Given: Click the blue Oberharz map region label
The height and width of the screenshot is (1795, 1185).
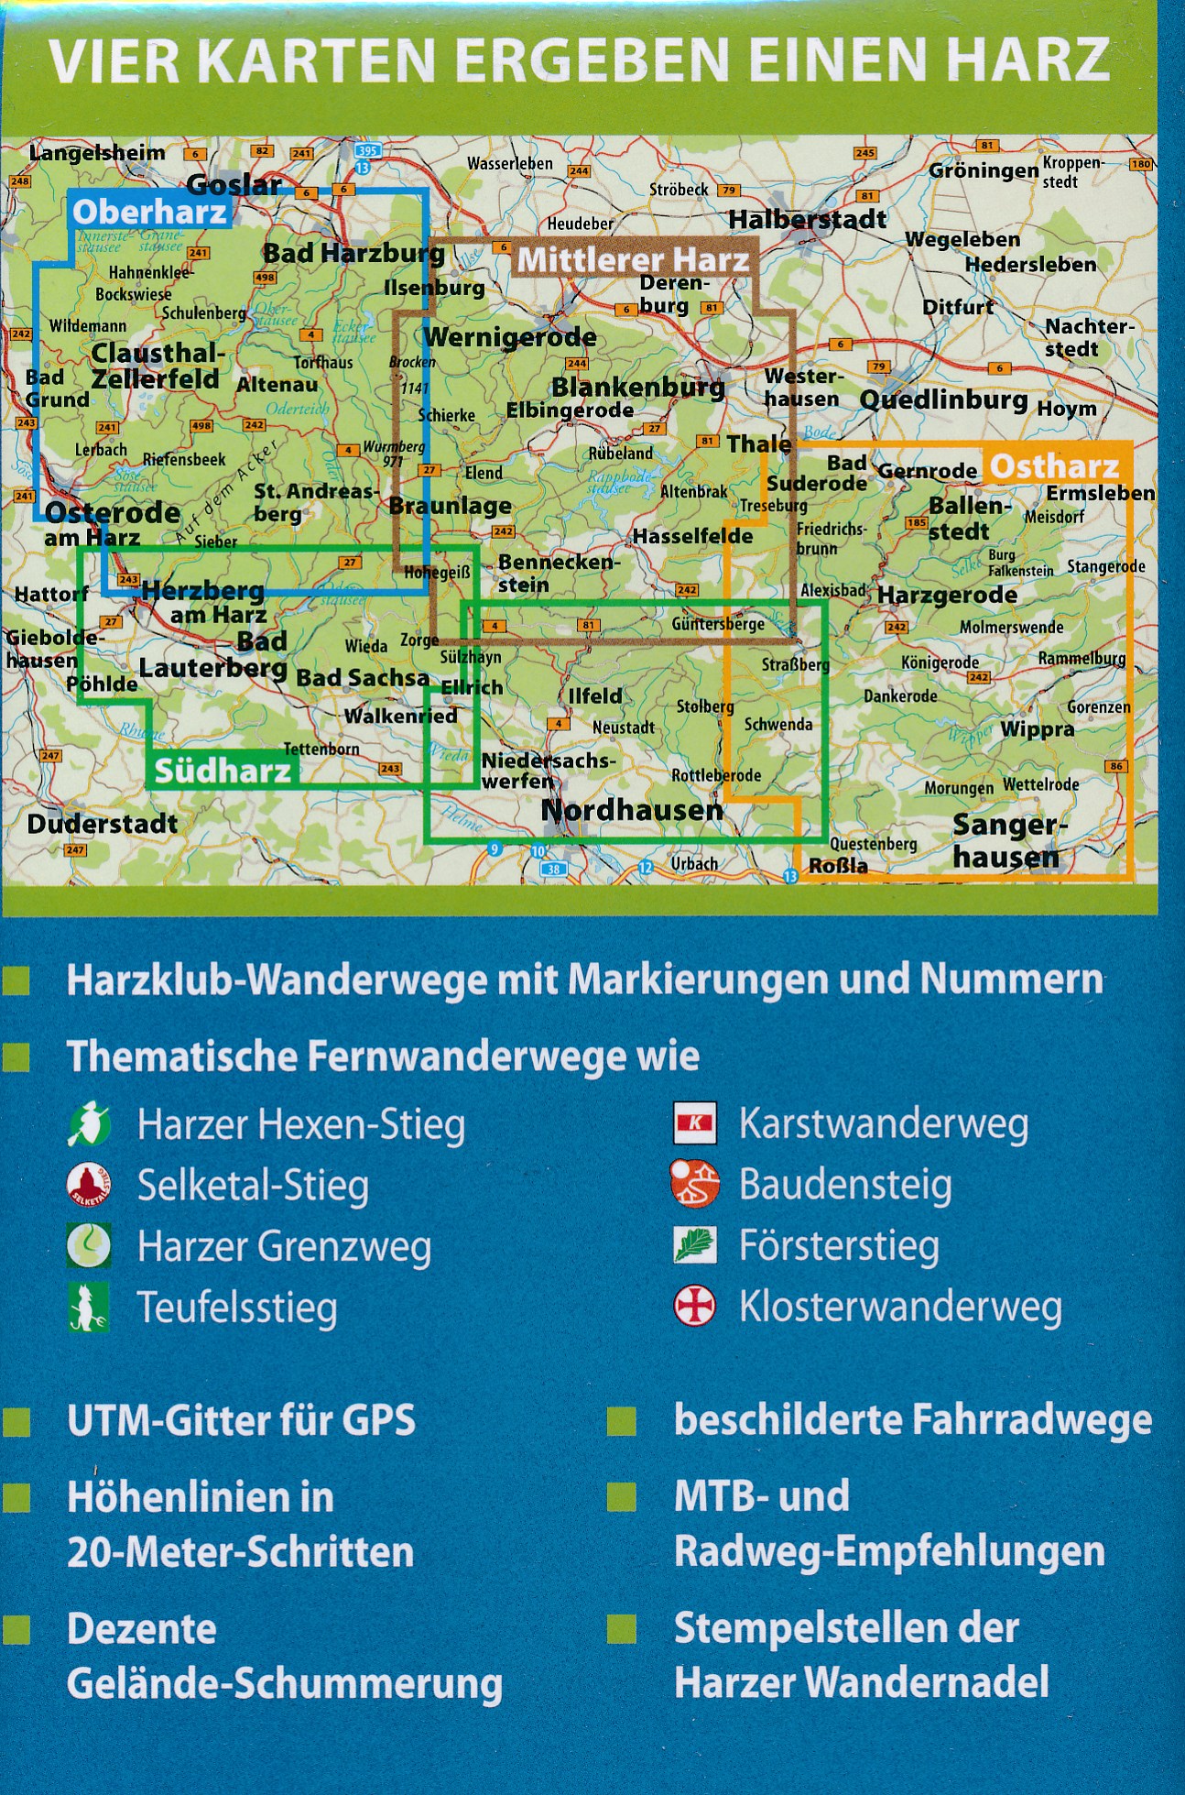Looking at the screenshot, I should point(149,213).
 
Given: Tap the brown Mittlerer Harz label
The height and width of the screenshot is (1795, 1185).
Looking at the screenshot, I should point(634,260).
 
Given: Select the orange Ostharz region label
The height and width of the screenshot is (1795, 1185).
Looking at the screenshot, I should point(1054,466).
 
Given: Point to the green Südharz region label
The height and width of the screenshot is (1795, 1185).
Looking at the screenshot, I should point(223,771).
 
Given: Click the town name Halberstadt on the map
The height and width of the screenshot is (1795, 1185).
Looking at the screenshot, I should point(807,219).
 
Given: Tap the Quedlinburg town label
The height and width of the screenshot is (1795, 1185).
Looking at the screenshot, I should point(943,400).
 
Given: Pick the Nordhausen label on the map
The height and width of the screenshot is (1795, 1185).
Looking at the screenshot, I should point(632,811).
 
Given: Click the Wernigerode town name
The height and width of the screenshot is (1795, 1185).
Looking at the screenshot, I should point(509,337).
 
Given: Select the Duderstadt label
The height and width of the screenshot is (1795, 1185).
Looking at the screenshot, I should point(103,824).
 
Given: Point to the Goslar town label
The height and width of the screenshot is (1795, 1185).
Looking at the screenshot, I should point(234,185).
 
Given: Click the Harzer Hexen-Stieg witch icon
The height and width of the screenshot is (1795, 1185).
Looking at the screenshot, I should point(89,1125).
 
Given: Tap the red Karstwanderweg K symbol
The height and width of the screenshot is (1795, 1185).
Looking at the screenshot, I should point(695,1123).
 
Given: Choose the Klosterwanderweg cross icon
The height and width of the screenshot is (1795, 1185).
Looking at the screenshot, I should point(695,1306).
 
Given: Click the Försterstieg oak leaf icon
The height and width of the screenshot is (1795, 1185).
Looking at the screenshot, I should point(695,1245).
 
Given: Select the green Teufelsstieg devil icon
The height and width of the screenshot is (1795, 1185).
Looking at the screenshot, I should point(89,1307).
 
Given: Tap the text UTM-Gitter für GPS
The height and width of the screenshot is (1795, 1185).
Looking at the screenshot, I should point(241,1421).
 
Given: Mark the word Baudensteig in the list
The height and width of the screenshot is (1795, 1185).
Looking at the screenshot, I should point(845,1185).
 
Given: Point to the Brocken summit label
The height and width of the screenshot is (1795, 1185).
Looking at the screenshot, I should point(412,362).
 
